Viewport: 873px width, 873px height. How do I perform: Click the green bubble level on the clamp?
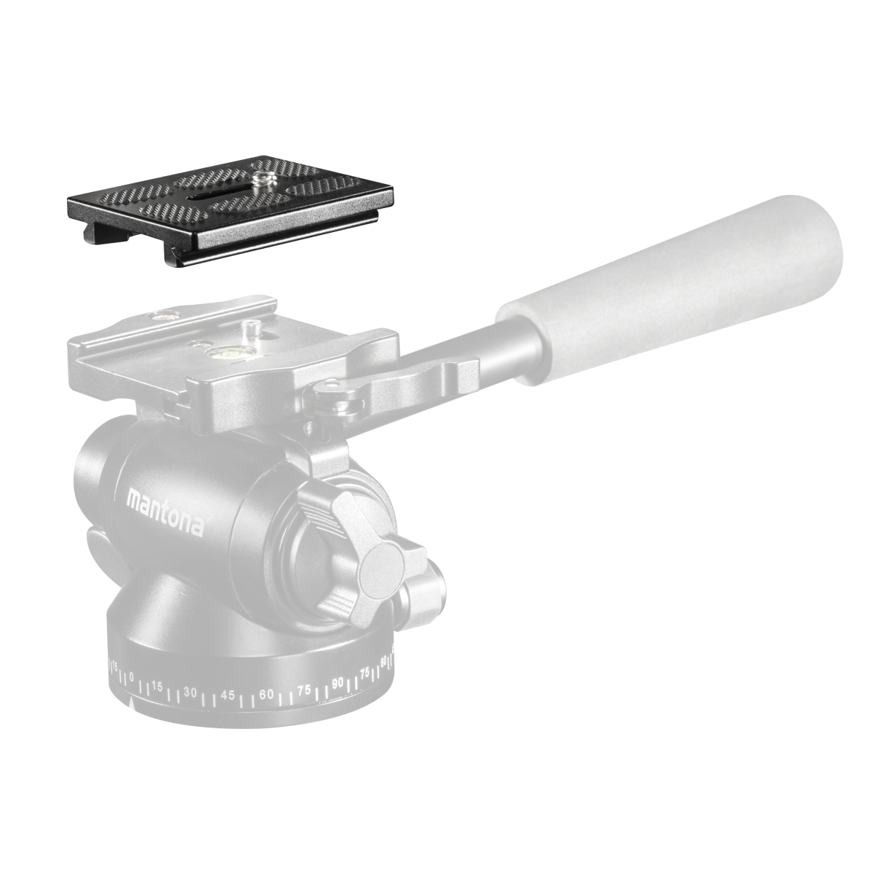[x=219, y=351]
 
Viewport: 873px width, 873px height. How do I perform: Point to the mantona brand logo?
[x=165, y=512]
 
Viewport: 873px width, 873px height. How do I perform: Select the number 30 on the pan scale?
[x=190, y=706]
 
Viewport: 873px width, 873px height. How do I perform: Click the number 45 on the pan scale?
[x=228, y=708]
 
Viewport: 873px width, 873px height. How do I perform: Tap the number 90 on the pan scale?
[x=338, y=696]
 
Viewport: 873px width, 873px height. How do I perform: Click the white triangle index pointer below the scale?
[x=132, y=717]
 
